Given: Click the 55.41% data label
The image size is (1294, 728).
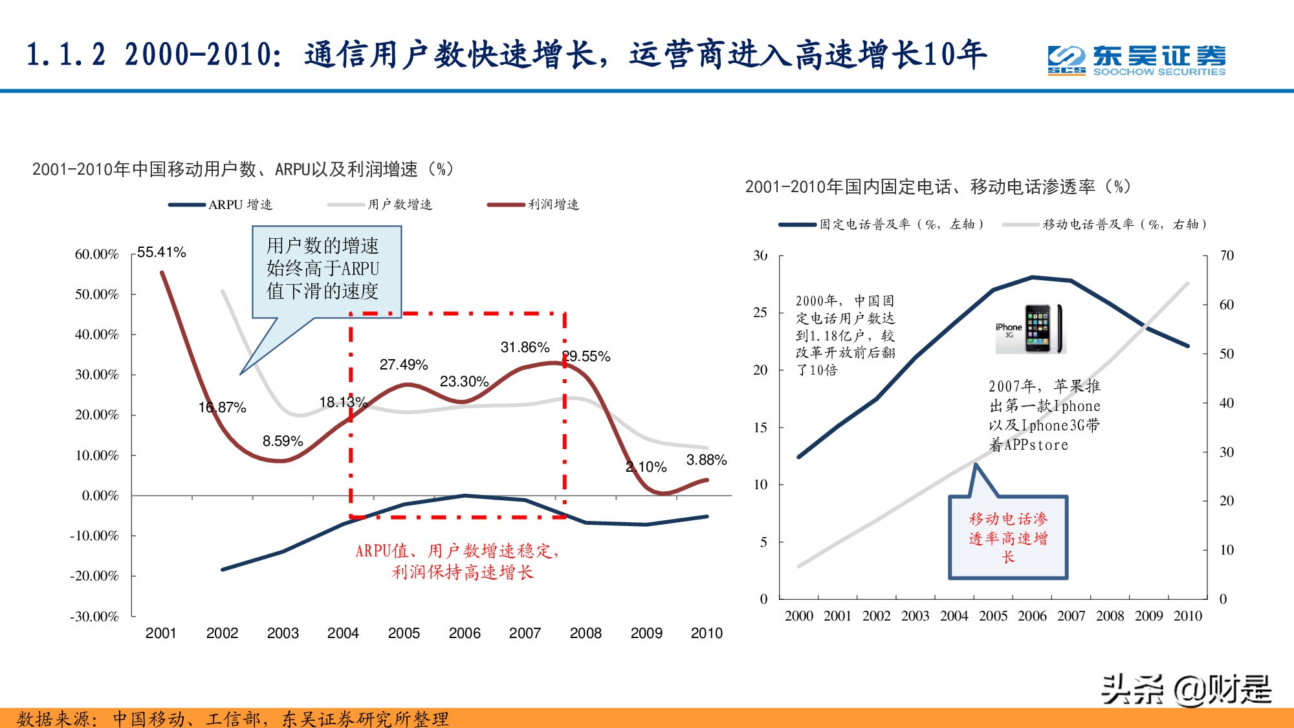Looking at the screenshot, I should tap(162, 252).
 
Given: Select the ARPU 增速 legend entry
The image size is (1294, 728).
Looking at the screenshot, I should tap(221, 204).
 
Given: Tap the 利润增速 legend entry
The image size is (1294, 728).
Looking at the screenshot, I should tap(534, 204).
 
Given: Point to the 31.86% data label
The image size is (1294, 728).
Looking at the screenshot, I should tap(525, 347).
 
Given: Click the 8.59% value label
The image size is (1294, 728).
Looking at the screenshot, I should tap(283, 441).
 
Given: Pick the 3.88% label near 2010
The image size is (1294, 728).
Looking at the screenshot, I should tap(706, 460).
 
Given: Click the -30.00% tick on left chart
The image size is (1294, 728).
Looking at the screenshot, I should tap(94, 617).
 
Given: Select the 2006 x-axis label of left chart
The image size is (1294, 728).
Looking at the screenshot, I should tap(465, 634).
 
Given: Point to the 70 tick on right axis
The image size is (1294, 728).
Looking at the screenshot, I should tap(1226, 256).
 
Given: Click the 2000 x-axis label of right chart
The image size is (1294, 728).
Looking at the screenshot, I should tap(799, 616).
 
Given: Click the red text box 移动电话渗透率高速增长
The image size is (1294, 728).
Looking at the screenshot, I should tap(1007, 538).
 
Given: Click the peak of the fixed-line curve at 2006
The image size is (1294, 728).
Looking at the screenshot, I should tap(1033, 278).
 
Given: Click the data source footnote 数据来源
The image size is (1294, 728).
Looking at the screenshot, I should tap(233, 718).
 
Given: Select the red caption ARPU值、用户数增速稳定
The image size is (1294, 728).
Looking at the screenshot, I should tap(457, 561).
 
